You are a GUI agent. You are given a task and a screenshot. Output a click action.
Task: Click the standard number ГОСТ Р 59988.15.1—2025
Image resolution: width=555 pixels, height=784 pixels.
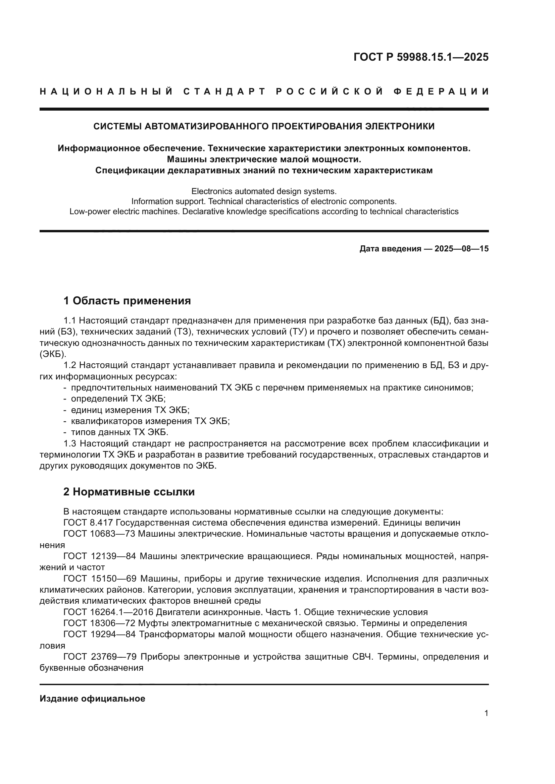[x=421, y=57]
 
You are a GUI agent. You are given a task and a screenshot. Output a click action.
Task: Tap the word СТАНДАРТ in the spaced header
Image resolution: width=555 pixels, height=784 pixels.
[x=224, y=92]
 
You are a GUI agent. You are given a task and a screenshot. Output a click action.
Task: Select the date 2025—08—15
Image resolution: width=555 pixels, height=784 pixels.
[x=461, y=249]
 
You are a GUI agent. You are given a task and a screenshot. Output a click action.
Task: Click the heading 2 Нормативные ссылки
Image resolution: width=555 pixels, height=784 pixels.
[x=129, y=492]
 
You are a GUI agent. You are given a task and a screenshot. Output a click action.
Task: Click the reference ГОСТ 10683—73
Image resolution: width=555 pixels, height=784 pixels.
[x=99, y=534]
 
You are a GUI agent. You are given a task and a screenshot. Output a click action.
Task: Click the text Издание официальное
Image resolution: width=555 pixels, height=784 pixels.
[x=92, y=699]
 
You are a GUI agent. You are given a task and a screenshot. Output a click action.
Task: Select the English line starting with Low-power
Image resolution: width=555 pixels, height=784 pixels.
[x=264, y=212]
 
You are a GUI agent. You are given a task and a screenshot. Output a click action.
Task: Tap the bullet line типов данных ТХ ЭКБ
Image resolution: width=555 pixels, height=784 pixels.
[x=119, y=432]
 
